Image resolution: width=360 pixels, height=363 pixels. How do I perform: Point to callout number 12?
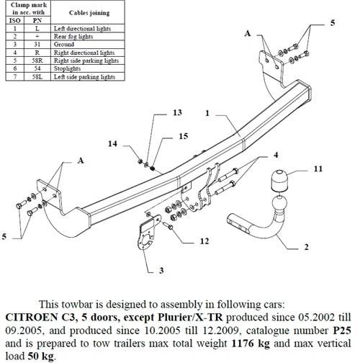[x=204, y=241]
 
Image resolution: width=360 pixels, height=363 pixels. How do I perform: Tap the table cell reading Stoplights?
[x=71, y=68]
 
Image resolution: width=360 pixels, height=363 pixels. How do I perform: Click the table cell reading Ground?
[x=63, y=45]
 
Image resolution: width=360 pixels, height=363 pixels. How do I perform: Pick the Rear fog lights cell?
[x=74, y=37]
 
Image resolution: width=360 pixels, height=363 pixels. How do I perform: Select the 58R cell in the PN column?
[x=37, y=60]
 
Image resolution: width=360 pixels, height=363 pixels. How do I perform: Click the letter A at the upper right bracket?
[x=248, y=33]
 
